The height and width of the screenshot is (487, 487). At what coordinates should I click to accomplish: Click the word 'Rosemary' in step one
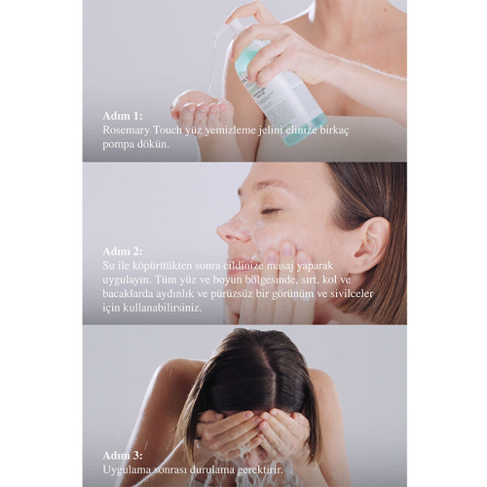click(x=128, y=128)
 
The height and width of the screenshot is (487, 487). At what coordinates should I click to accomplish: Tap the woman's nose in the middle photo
click(x=232, y=232)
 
